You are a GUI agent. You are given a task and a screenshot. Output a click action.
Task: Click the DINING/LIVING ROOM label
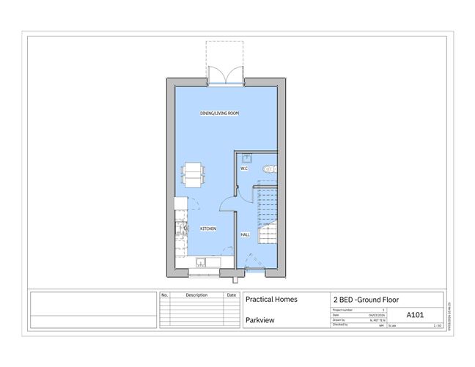[x=220, y=114]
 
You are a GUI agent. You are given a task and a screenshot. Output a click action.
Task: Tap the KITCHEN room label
[x=208, y=229]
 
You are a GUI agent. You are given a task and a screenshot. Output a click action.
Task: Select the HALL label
[x=245, y=234]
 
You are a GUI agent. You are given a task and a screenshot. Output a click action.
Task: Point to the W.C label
[x=244, y=168]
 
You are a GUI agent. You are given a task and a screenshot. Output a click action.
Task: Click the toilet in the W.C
[x=270, y=168]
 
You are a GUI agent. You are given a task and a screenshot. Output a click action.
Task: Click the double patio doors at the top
[x=224, y=75]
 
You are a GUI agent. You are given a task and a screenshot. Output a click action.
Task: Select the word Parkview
[x=259, y=320]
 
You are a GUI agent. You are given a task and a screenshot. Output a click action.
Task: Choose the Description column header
[x=196, y=294]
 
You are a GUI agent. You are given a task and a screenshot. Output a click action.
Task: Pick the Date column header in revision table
[x=232, y=294]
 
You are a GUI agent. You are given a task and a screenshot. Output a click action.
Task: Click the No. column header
[x=165, y=294]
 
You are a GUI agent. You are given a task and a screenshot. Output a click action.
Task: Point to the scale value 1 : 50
[x=438, y=325]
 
